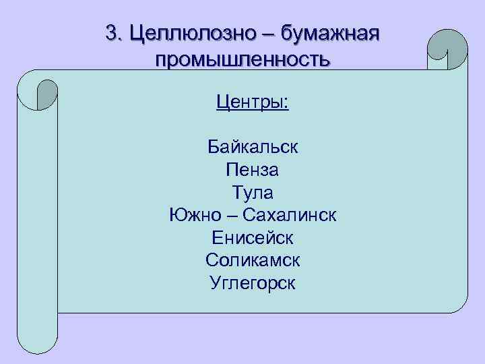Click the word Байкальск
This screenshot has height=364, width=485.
pos(253,147)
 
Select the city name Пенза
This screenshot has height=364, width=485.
pos(253,170)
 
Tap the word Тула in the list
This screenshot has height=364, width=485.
pos(253,193)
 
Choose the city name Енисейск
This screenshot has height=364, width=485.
pos(253,238)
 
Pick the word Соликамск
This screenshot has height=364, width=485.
pos(253,260)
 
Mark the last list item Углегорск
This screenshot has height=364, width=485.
pos(253,283)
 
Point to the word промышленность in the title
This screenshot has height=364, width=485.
pos(243,60)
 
